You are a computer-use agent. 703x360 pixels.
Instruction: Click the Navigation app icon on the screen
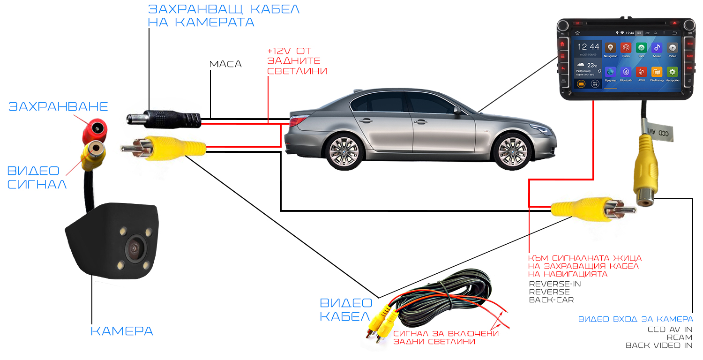pos(610,48)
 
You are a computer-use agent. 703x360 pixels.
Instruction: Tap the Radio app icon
pos(626,48)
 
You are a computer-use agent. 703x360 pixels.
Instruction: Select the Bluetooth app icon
pos(626,72)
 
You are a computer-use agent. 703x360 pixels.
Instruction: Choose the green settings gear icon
pos(673,72)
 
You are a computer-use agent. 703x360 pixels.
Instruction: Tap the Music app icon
pos(657,48)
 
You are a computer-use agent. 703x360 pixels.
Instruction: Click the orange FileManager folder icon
pos(657,72)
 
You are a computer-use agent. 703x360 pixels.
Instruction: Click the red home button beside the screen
pos(562,44)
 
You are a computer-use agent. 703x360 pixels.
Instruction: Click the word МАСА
pos(225,64)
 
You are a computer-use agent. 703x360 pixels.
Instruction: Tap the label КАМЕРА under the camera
pos(122,331)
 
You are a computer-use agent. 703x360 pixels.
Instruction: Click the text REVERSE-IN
pos(554,284)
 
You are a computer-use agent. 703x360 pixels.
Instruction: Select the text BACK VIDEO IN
pos(659,345)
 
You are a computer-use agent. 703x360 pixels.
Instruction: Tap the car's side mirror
pos(457,111)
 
